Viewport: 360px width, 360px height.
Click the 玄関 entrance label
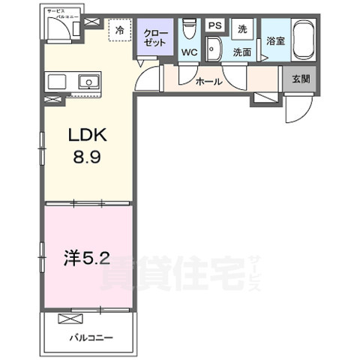(x=300, y=76)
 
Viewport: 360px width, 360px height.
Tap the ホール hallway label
(x=208, y=82)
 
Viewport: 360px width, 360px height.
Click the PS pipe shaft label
(x=214, y=26)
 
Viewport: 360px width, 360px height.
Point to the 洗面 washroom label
(x=241, y=52)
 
